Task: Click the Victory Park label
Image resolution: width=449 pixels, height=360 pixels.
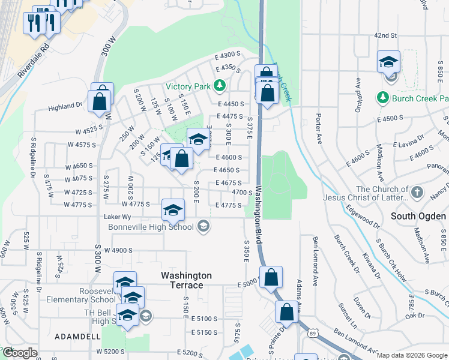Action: click(188, 86)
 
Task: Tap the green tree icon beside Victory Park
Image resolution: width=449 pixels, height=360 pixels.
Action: click(219, 86)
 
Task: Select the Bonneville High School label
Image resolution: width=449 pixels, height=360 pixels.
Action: click(151, 227)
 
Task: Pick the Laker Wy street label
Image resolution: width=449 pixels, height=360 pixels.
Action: click(118, 216)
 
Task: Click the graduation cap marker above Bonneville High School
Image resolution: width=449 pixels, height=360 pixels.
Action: click(173, 209)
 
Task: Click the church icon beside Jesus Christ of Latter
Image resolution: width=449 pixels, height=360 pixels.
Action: click(418, 193)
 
